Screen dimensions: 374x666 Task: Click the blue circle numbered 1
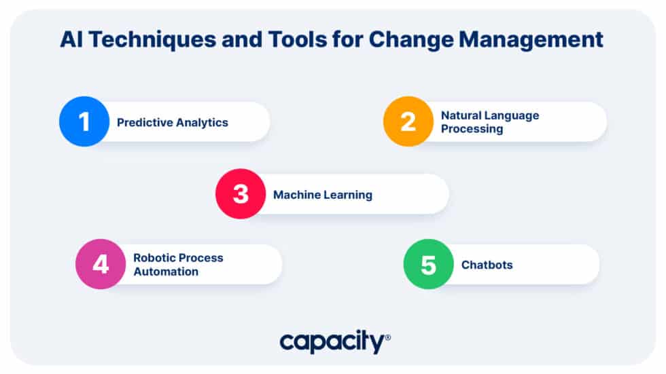tap(84, 121)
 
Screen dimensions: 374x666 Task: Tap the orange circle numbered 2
tap(408, 121)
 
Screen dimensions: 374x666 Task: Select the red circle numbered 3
tap(241, 193)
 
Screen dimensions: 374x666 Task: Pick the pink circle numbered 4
tap(101, 264)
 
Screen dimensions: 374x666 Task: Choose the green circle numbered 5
tap(428, 264)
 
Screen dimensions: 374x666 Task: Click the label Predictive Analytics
tap(173, 122)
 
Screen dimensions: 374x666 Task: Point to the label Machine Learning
tap(323, 195)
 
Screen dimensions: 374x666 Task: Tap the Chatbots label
tap(487, 265)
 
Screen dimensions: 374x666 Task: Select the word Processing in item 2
tap(472, 129)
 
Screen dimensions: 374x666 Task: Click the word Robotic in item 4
tap(154, 258)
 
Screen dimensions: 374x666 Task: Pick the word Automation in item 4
tap(166, 272)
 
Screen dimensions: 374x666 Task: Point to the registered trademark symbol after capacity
tap(387, 337)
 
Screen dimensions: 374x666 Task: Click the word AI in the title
tap(71, 39)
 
